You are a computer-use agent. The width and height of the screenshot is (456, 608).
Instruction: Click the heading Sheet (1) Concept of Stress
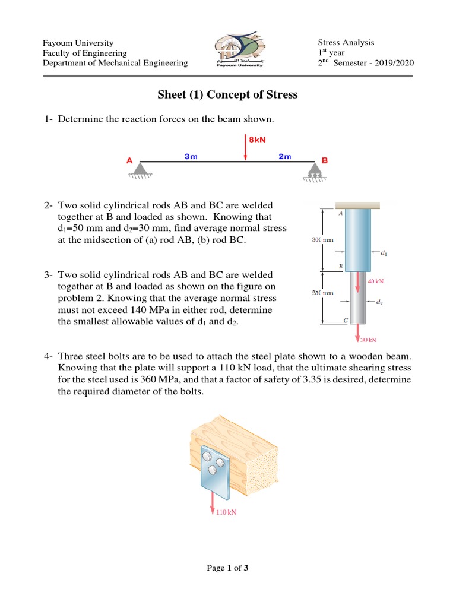pos(227,95)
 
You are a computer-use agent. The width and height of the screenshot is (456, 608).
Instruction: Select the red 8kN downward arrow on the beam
pos(246,148)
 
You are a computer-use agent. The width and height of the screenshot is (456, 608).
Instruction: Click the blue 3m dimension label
pos(191,156)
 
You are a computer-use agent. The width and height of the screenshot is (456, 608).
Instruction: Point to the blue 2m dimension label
pos(285,156)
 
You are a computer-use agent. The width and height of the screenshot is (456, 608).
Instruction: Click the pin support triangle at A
pos(141,169)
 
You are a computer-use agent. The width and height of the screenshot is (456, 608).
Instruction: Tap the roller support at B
pos(314,170)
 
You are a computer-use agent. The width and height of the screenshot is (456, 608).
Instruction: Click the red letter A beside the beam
pos(129,160)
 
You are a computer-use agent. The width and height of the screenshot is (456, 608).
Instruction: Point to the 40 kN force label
pos(375,281)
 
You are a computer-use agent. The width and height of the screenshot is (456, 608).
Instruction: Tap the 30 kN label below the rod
pos(369,340)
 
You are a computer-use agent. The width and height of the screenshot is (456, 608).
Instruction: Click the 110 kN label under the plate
pos(226,512)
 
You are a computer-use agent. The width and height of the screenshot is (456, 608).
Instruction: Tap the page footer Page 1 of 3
pos(227,568)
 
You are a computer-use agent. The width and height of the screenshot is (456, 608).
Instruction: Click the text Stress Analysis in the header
pos(346,43)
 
